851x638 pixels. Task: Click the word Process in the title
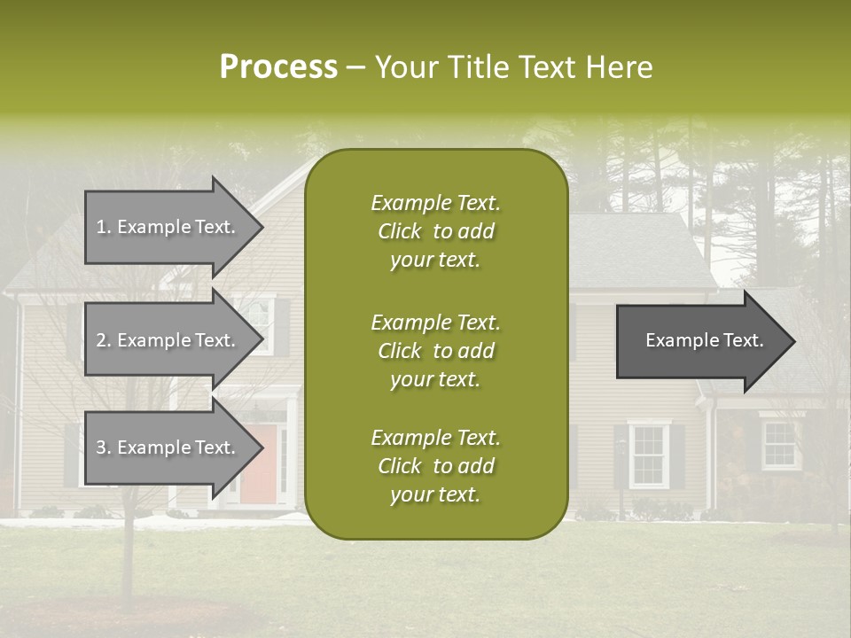coord(278,66)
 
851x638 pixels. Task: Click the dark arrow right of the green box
coord(700,341)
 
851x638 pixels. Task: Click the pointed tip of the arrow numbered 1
coord(260,227)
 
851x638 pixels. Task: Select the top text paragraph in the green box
coord(435,231)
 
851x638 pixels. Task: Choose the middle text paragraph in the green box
coord(435,351)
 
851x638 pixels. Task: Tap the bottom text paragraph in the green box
coord(435,466)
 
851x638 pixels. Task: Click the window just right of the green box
coord(649,455)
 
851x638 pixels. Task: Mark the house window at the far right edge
coord(780,445)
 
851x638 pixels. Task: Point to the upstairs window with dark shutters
coord(262,324)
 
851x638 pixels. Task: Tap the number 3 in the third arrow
coord(100,447)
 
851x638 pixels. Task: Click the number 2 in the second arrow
coord(100,340)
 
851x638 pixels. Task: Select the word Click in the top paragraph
coord(400,231)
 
